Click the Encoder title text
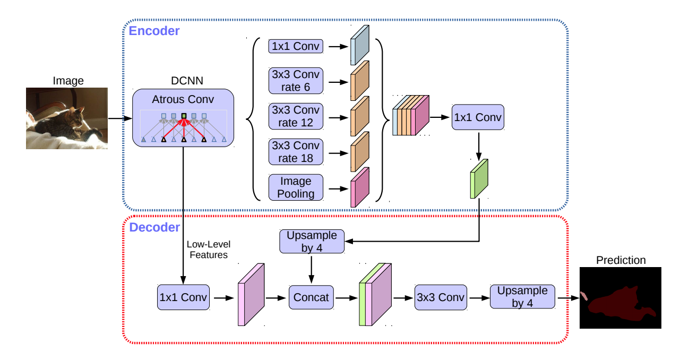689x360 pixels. [154, 31]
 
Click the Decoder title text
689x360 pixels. [154, 227]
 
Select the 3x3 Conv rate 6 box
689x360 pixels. [296, 81]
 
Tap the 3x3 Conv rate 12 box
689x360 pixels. [296, 116]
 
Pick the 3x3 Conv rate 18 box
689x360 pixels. [296, 152]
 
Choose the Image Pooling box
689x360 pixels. [296, 187]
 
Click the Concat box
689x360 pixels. [311, 297]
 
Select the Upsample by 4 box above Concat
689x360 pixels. [312, 242]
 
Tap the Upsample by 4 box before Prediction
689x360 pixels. [523, 297]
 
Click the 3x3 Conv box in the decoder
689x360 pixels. [441, 297]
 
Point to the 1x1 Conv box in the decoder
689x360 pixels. [183, 297]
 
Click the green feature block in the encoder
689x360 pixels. [479, 179]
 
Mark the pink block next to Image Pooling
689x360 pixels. [360, 187]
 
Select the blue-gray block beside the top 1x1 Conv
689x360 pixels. [360, 45]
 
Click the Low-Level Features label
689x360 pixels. [209, 250]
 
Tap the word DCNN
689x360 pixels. [187, 81]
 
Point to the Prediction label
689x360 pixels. [621, 260]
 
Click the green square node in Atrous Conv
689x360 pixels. [184, 116]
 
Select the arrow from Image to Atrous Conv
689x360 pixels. [120, 118]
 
